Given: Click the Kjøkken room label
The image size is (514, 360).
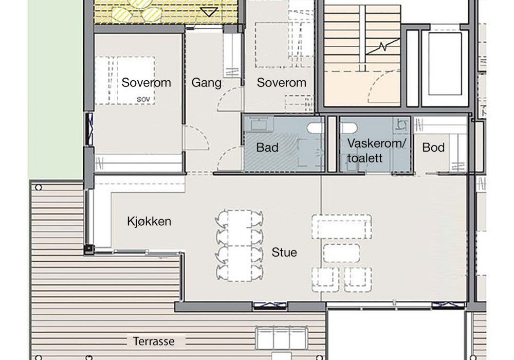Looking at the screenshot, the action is click(149, 222).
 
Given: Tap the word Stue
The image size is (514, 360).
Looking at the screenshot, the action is click(284, 253).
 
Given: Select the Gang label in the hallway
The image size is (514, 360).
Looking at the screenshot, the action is click(206, 83).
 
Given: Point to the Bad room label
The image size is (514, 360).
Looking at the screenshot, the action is click(267, 148).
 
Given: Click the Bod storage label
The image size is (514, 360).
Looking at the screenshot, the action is click(433, 148).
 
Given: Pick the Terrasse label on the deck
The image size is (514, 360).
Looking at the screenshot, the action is click(154, 341).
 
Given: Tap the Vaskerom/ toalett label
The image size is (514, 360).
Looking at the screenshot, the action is click(377, 151).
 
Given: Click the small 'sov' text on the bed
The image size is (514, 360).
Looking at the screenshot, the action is click(143, 99).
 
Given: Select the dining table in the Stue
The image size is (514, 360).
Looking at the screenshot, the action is click(240, 246).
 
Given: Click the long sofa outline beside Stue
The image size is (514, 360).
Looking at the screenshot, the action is click(342, 227).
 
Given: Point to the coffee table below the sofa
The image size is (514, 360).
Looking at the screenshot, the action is click(341, 253).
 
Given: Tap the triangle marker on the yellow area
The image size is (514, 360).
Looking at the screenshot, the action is click(209, 12).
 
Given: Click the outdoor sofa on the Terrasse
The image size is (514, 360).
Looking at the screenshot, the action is click(282, 338).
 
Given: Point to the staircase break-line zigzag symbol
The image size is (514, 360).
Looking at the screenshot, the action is click(382, 47).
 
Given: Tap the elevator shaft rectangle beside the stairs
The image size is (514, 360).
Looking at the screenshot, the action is click(445, 64).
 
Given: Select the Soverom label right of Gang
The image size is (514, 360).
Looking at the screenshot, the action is click(281, 83).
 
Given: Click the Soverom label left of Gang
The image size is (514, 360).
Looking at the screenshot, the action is click(146, 83).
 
